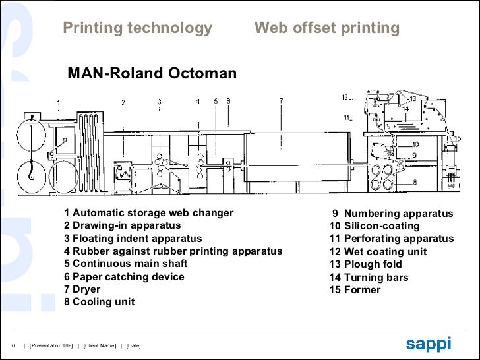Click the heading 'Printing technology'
tap(137, 28)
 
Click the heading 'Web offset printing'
tap(327, 28)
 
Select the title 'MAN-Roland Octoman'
tap(152, 74)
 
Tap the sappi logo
tap(428, 344)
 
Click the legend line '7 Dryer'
tap(82, 289)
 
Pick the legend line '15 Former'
tap(355, 290)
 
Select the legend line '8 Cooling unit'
tap(99, 302)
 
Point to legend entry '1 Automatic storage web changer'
tap(148, 213)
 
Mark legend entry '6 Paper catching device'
tap(124, 277)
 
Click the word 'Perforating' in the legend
tap(374, 239)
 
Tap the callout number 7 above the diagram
tap(281, 101)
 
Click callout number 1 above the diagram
tap(59, 103)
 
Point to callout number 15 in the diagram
tap(457, 138)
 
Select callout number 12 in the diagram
tap(344, 98)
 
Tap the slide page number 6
tap(14, 346)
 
